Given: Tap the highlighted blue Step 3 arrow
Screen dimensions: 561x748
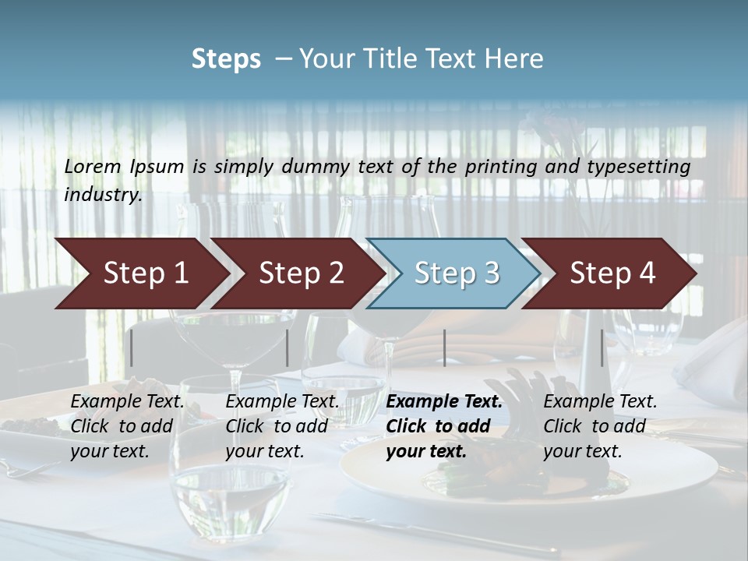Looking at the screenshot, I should click(x=457, y=273).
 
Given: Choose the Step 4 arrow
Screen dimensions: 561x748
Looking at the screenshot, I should click(x=612, y=273).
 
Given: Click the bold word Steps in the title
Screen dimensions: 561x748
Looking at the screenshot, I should click(x=226, y=58).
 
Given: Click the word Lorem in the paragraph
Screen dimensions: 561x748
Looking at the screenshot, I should click(x=93, y=166).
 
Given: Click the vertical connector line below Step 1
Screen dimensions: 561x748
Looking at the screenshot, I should click(x=132, y=348).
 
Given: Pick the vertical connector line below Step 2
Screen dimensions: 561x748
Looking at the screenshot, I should click(x=288, y=348).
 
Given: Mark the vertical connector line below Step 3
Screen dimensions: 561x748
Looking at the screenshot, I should click(x=444, y=348).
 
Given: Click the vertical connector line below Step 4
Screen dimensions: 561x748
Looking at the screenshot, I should click(x=602, y=348).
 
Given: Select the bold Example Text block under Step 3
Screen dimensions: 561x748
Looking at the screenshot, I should click(x=444, y=426).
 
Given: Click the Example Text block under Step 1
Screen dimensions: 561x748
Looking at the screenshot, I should click(x=127, y=426).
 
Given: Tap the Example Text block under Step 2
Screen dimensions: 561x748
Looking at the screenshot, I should click(x=282, y=426).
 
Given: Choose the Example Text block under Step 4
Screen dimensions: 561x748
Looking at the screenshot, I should click(x=600, y=426).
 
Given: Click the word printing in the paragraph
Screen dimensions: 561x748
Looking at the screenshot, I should click(x=499, y=166).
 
